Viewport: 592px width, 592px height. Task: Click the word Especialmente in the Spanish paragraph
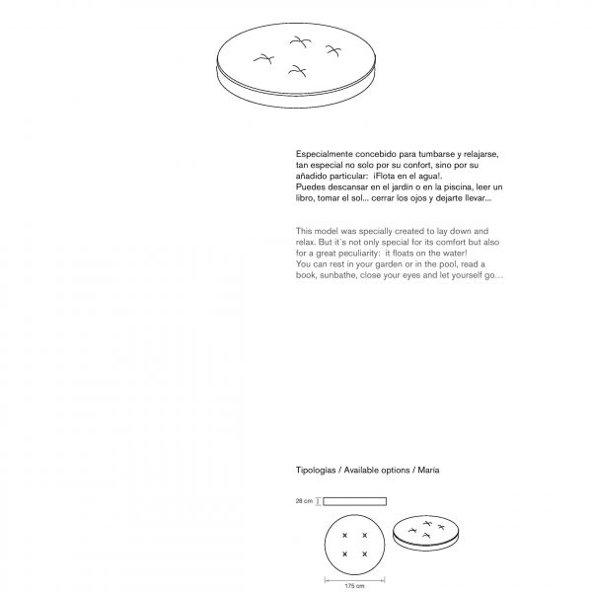[x=323, y=155]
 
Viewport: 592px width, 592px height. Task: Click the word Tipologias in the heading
[x=316, y=471]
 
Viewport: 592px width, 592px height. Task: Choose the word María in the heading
[x=428, y=471]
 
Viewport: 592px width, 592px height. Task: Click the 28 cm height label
[x=304, y=501]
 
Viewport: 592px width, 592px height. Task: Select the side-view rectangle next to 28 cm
[x=354, y=500]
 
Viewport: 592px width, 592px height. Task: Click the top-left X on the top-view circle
[x=344, y=536]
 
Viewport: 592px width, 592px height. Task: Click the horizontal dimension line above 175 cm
[x=354, y=577]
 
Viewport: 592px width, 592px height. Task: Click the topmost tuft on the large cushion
[x=297, y=40]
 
